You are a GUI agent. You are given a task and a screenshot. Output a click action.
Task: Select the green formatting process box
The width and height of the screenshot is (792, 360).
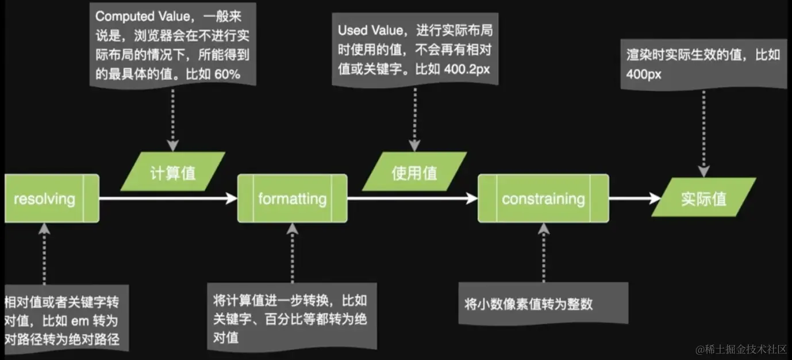292,198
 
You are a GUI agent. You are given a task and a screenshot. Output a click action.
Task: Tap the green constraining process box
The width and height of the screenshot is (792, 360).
543,198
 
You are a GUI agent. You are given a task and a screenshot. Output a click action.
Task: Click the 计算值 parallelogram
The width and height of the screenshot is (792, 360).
173,171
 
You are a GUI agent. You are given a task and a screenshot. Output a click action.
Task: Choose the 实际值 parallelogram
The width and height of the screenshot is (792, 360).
703,198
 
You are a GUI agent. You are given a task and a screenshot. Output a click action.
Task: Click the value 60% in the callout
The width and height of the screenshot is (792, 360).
227,74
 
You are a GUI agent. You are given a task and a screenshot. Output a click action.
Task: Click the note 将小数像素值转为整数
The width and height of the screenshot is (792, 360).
528,304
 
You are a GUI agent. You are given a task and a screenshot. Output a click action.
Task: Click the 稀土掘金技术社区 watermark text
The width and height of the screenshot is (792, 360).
745,348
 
